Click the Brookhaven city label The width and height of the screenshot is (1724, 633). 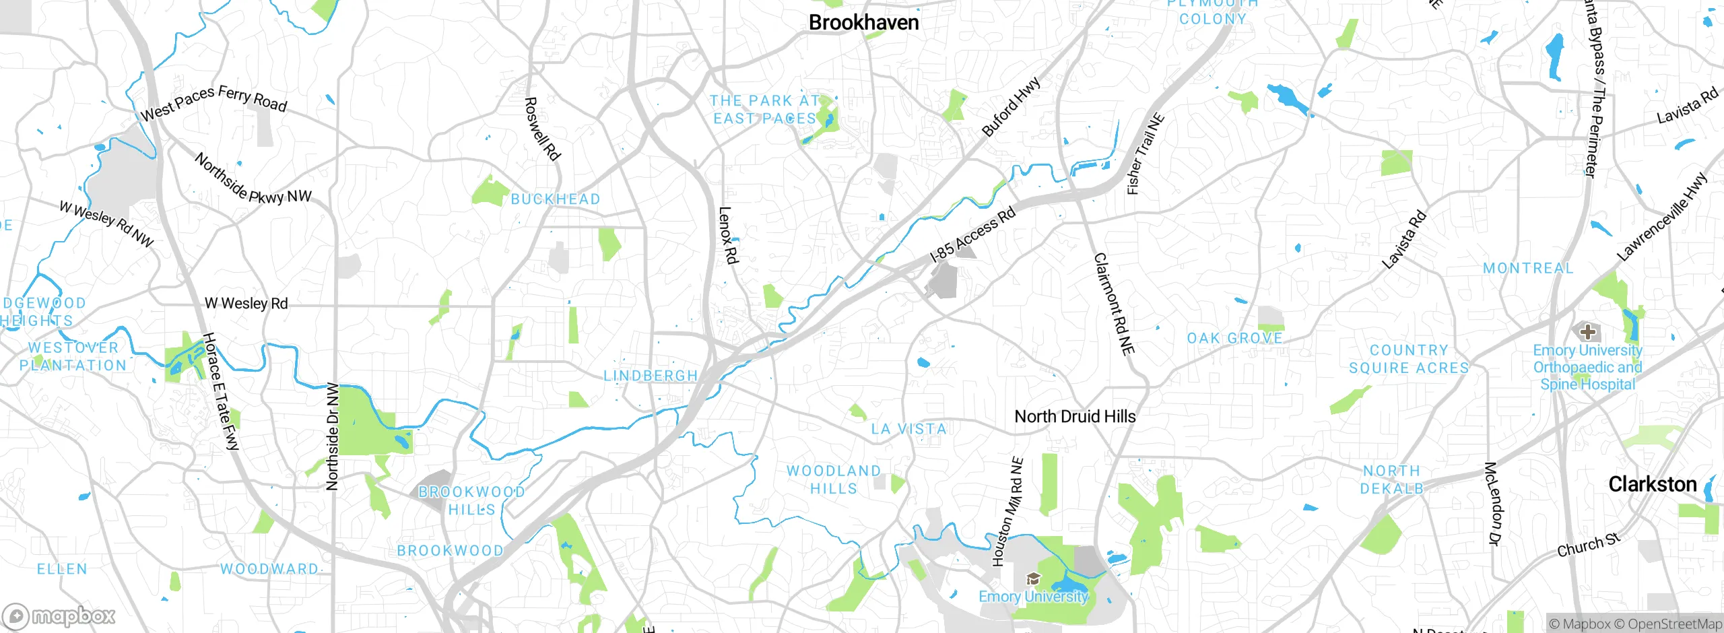coord(863,22)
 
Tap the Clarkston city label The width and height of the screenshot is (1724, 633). coord(1652,484)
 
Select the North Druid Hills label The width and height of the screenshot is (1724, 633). coord(1075,417)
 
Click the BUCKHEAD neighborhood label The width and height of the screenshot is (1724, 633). coord(555,199)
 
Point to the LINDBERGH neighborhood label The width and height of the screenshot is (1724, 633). coord(650,376)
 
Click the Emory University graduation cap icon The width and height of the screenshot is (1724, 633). coord(1033,579)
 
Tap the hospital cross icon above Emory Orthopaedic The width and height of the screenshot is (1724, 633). coord(1587,331)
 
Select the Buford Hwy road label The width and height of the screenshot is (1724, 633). coord(1011,107)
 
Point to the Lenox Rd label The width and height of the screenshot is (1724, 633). coord(729,235)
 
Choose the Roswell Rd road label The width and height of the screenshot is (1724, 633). coord(542,129)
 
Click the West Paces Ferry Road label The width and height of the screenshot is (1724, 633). coord(213,103)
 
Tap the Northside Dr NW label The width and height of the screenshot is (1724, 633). coord(332,436)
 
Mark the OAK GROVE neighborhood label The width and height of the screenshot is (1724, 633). coord(1234,338)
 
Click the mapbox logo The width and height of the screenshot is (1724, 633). coord(59,615)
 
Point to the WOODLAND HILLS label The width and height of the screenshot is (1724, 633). coord(834,479)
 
